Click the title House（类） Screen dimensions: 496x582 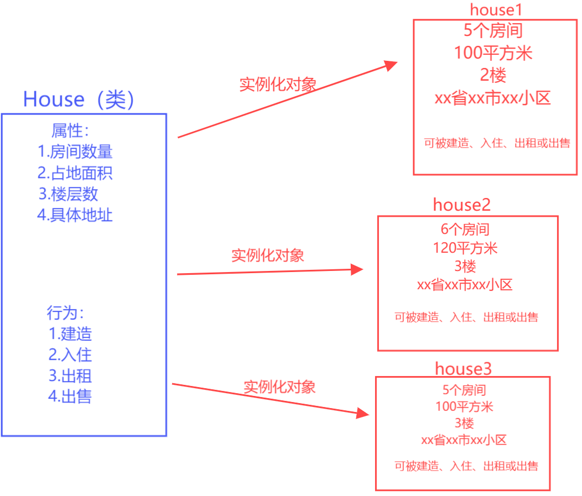79,100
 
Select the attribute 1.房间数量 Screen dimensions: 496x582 75,151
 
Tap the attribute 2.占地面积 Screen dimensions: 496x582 75,173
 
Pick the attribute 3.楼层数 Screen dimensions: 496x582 69,194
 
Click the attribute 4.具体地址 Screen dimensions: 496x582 75,215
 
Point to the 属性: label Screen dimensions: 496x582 70,131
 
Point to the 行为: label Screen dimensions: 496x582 65,313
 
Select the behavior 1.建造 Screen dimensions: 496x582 70,334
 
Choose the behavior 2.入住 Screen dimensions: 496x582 70,354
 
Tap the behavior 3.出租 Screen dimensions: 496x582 70,376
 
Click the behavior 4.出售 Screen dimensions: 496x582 70,396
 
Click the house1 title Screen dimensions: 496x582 496,9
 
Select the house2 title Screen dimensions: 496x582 462,205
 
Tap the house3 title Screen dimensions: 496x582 463,368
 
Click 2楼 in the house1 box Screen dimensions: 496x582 493,75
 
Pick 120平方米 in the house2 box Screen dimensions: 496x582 465,248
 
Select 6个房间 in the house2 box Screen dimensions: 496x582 465,229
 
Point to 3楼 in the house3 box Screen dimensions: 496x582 464,424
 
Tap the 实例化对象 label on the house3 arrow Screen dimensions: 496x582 279,387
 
